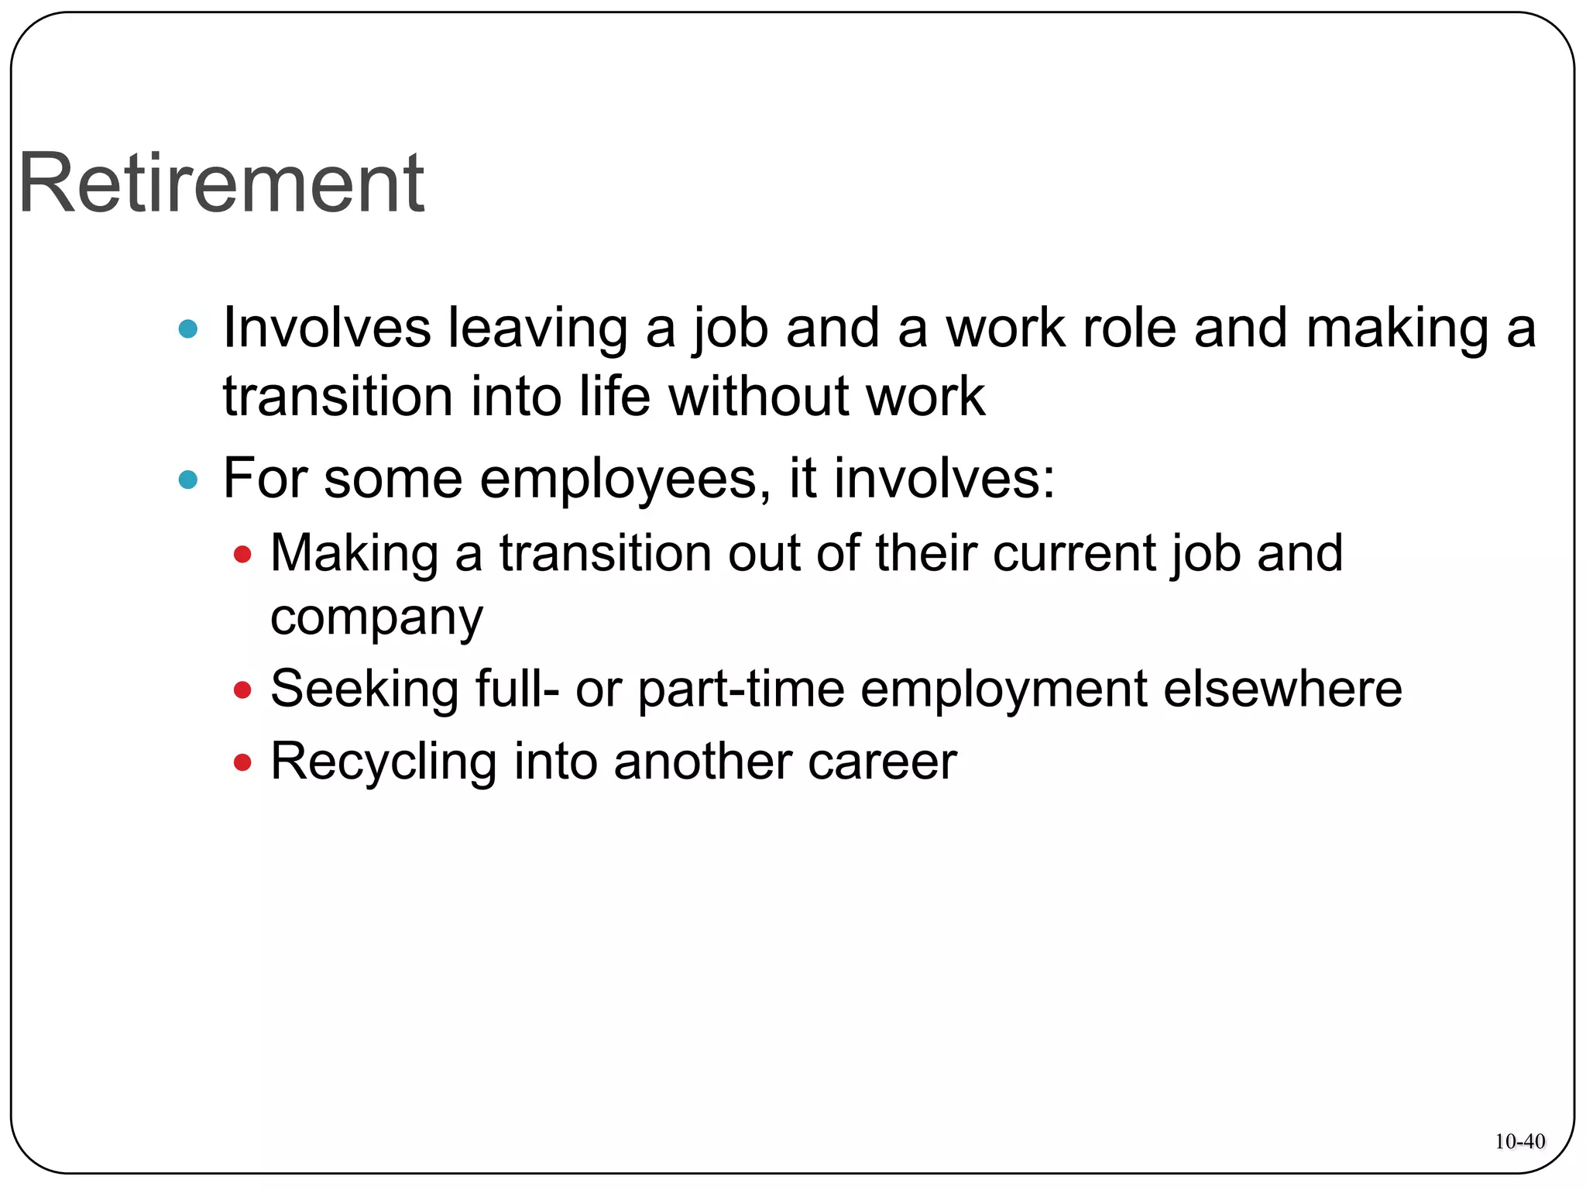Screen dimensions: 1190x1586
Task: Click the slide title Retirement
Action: coord(221,184)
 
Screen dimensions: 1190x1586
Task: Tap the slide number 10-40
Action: coord(1519,1141)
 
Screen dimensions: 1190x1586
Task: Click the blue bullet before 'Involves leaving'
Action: coord(188,330)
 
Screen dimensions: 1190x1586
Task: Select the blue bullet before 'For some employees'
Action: coord(188,480)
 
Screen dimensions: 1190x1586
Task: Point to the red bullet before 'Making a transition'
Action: coord(242,555)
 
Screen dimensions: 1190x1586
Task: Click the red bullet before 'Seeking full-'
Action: coord(242,690)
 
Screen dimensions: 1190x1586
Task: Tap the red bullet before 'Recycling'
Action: coord(242,763)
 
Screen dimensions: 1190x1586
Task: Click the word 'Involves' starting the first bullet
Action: coord(327,328)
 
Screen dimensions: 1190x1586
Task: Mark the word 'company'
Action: coord(376,618)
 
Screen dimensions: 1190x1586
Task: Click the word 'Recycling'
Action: coord(383,762)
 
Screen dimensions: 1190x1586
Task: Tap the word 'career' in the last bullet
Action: coord(882,762)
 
